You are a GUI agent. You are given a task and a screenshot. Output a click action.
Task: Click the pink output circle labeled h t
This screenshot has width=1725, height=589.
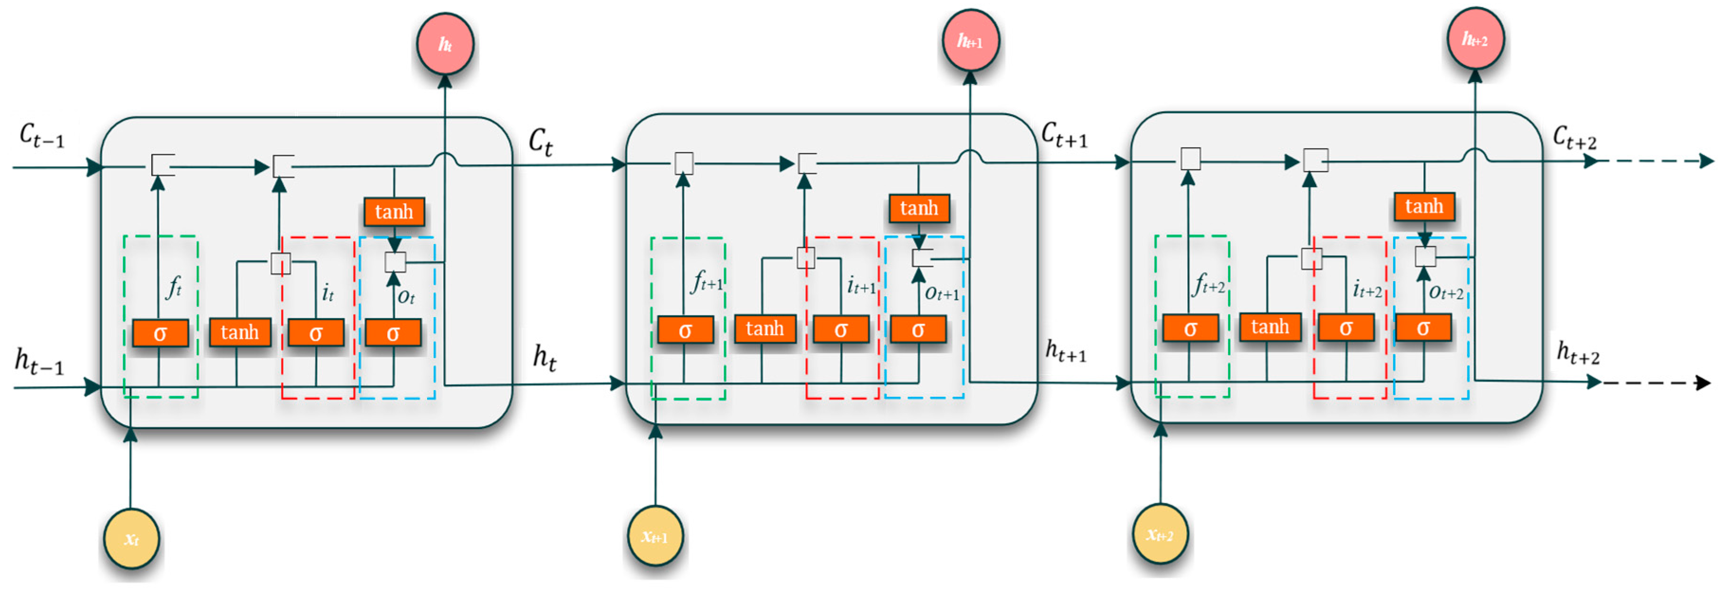pyautogui.click(x=445, y=44)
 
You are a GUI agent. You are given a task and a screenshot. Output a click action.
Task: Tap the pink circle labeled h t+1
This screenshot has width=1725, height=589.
pyautogui.click(x=971, y=40)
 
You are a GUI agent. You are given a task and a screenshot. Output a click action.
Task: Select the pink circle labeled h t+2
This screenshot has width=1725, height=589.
pyautogui.click(x=1475, y=39)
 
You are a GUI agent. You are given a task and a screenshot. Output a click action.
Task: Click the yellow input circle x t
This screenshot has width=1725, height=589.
pyautogui.click(x=131, y=539)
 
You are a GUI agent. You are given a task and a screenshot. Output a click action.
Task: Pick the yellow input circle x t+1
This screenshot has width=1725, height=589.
pyautogui.click(x=655, y=536)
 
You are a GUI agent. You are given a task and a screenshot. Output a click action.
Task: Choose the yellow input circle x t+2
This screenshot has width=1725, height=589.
pyautogui.click(x=1160, y=535)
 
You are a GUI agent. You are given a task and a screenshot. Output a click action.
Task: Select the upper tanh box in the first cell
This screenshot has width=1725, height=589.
pyautogui.click(x=394, y=212)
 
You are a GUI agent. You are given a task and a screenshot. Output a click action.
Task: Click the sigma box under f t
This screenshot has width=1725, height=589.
pyautogui.click(x=160, y=333)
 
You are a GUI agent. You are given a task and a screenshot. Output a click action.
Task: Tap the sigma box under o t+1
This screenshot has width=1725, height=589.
pyautogui.click(x=918, y=330)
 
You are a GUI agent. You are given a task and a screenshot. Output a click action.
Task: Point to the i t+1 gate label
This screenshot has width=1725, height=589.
pyautogui.click(x=861, y=286)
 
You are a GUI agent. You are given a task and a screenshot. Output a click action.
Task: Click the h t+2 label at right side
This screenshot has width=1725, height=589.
pyautogui.click(x=1578, y=352)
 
